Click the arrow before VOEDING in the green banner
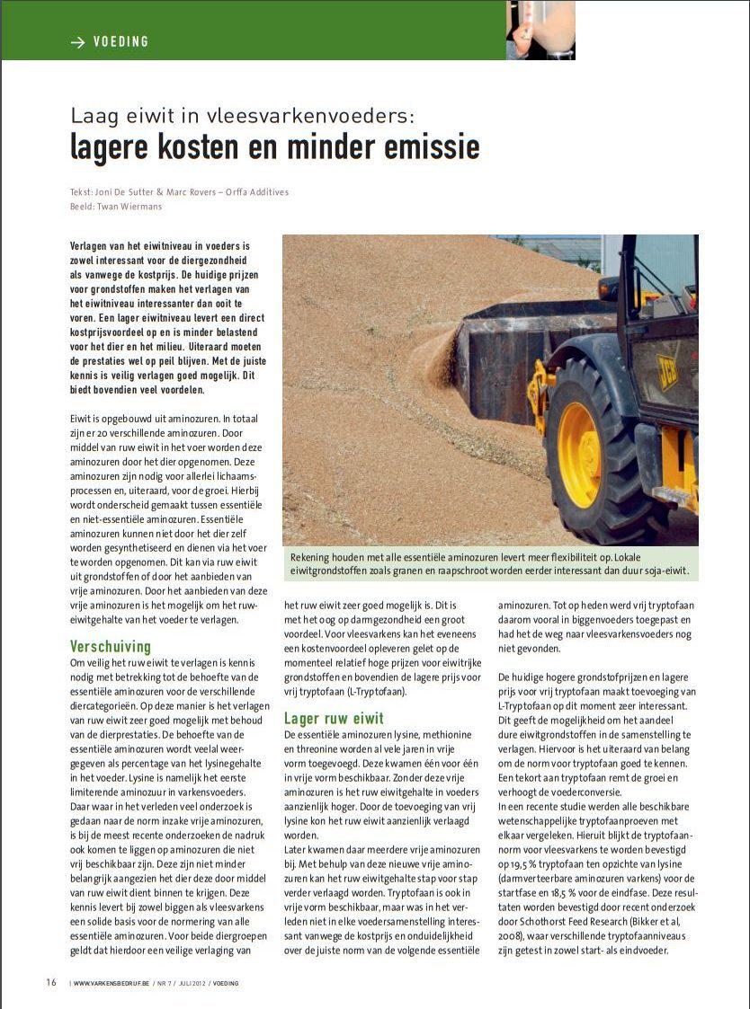[x=77, y=42]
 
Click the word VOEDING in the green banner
[x=121, y=42]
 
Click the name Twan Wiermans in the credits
[x=134, y=205]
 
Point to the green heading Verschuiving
[x=111, y=647]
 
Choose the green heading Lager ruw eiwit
[x=335, y=718]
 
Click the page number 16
[x=51, y=982]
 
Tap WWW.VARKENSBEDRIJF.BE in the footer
[x=110, y=983]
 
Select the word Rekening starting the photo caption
[x=313, y=557]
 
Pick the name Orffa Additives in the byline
[x=258, y=192]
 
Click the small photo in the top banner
[x=540, y=30]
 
